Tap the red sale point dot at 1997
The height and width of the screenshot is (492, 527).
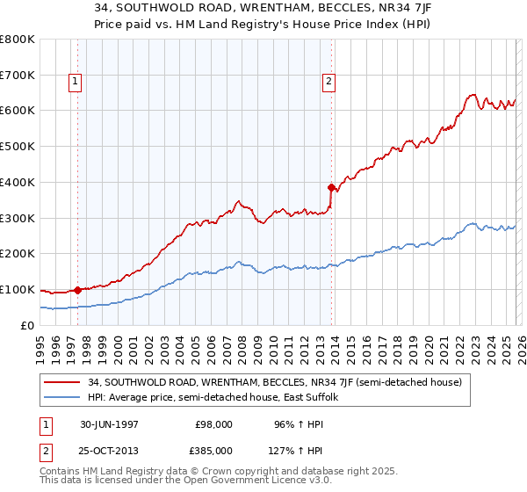78,289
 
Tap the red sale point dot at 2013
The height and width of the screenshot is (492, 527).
331,186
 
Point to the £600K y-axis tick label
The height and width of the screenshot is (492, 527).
18,111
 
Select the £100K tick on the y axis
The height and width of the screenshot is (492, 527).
18,289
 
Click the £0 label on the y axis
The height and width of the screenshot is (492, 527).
27,325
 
